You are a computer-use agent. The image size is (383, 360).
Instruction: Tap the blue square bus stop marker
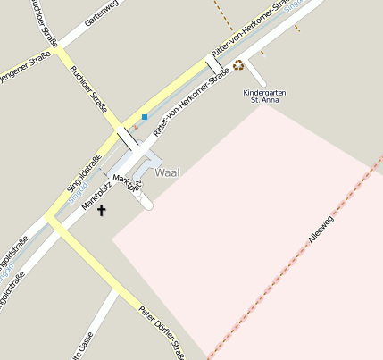pos(144,117)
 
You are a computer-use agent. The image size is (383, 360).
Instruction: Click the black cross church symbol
pos(101,211)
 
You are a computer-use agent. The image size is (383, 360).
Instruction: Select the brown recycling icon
pos(237,64)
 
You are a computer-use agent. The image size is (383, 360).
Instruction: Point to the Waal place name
pos(167,172)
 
